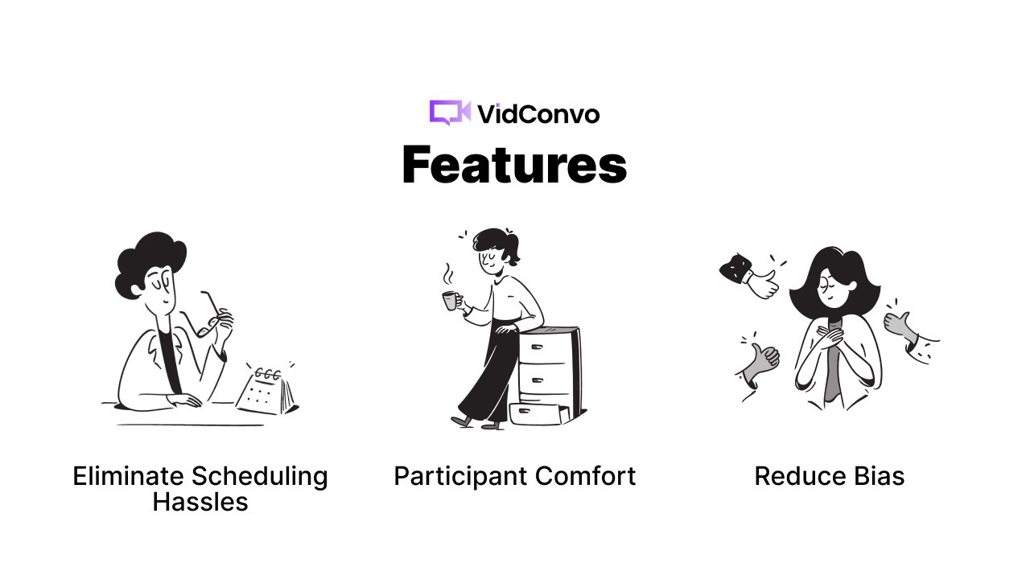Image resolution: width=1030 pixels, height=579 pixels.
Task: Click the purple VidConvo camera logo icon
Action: tap(450, 113)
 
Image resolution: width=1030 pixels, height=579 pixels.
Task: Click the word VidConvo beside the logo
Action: tap(538, 114)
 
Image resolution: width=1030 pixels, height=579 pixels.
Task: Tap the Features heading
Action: tap(514, 165)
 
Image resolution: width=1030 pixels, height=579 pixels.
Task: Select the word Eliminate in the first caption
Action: tap(128, 476)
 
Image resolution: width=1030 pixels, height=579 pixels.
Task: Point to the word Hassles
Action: tap(200, 502)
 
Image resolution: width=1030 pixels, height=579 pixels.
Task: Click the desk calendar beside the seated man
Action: tap(267, 390)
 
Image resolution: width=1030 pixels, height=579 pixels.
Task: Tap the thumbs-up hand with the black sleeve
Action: tap(749, 276)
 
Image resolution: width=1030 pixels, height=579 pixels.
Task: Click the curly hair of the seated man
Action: tap(150, 263)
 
